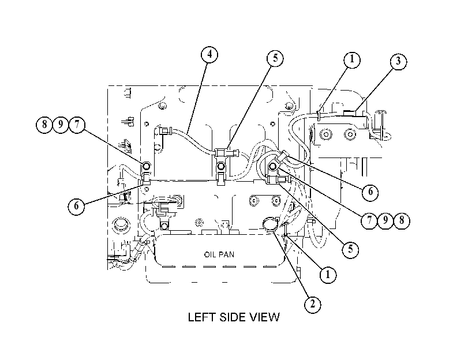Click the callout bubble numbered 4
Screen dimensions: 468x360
click(x=209, y=55)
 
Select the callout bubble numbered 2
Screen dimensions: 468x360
click(x=313, y=304)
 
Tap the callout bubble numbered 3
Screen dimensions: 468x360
click(x=398, y=62)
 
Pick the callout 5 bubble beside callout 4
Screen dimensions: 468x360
click(x=275, y=58)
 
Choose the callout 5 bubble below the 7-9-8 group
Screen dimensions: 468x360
click(x=350, y=249)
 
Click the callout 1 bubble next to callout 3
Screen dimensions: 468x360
click(x=352, y=59)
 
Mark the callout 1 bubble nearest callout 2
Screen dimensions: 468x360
click(x=328, y=275)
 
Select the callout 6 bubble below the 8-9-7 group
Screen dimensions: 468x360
click(x=76, y=206)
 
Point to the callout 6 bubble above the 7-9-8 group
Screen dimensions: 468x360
click(x=370, y=192)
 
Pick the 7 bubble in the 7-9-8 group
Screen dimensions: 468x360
click(x=369, y=220)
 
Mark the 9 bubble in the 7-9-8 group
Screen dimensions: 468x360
click(x=385, y=220)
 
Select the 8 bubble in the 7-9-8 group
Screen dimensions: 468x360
click(x=402, y=220)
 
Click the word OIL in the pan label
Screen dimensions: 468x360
click(x=210, y=254)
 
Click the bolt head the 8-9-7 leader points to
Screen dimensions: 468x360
click(x=147, y=166)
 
